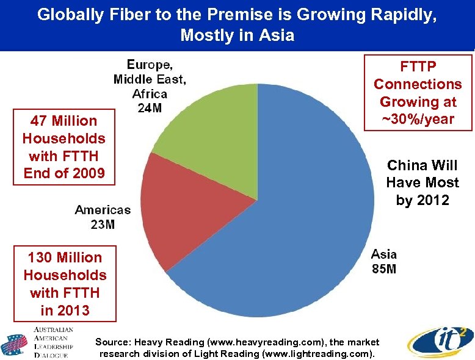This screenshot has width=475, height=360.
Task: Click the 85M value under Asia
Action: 384,268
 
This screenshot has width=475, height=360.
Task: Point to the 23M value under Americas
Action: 103,225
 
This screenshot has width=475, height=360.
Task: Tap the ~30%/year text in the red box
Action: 418,119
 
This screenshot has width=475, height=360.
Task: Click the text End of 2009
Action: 64,173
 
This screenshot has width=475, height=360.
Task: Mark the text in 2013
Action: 65,310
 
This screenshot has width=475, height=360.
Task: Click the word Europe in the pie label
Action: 150,65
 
